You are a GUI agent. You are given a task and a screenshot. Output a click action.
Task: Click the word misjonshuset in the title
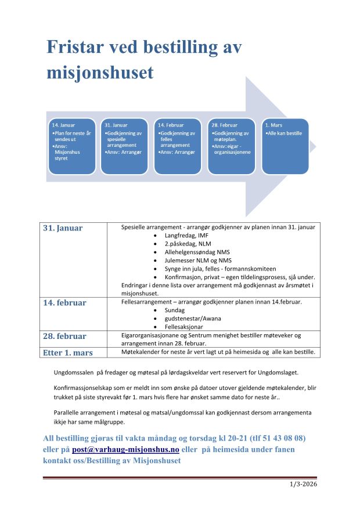click(x=100, y=72)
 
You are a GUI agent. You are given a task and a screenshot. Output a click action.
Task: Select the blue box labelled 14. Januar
click(x=72, y=146)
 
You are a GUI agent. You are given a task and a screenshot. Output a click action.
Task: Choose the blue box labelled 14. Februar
click(x=178, y=146)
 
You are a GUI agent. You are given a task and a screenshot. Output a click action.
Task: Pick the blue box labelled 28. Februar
click(x=231, y=146)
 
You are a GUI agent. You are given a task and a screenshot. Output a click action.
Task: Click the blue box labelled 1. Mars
click(x=285, y=146)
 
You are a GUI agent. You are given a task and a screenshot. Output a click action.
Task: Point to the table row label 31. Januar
click(x=63, y=228)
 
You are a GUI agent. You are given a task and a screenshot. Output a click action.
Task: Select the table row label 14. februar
click(x=64, y=303)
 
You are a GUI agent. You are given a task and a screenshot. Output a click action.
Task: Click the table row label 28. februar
click(x=64, y=336)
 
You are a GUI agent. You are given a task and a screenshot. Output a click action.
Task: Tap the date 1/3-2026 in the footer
click(x=305, y=484)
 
